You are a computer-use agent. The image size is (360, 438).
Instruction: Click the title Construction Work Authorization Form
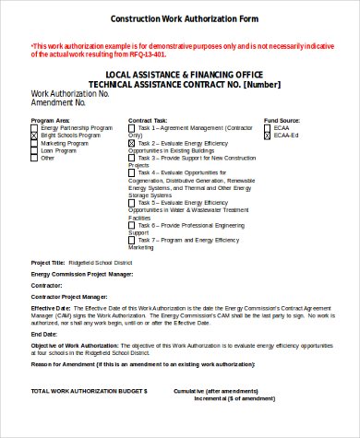point(184,18)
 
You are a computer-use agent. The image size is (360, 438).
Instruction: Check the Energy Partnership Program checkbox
point(35,128)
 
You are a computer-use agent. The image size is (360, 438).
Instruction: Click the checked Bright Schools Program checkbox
point(35,136)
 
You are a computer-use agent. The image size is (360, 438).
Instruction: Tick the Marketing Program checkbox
point(35,143)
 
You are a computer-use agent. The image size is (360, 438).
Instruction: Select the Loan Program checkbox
point(35,150)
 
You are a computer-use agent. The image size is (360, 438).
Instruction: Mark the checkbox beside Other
point(35,158)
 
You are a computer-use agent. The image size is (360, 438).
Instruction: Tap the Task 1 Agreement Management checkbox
point(132,128)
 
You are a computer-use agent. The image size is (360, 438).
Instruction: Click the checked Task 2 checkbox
point(132,143)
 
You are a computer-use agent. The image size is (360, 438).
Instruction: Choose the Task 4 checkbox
point(132,172)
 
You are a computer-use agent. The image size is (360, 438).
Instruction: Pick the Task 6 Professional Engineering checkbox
point(132,225)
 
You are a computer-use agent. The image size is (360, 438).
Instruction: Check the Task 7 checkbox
point(132,240)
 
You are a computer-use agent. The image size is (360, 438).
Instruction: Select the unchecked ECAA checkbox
point(268,128)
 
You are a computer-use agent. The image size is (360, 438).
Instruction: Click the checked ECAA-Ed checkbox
point(268,136)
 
